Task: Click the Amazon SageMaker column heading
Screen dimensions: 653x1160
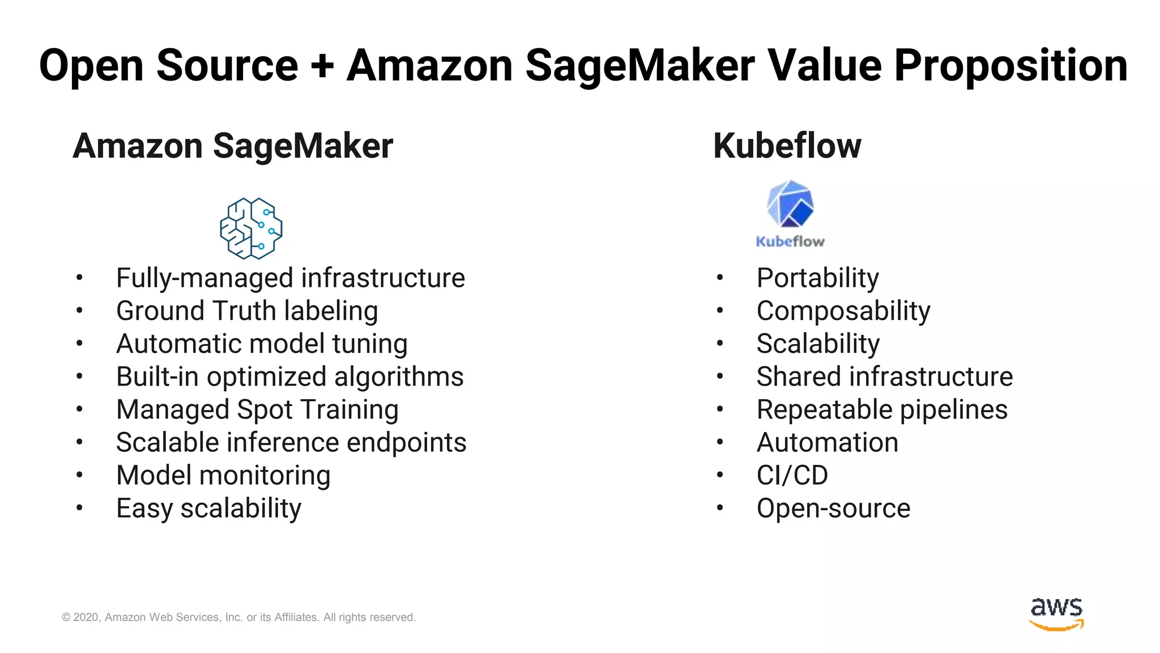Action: coord(233,146)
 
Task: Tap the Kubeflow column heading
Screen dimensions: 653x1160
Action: coord(787,146)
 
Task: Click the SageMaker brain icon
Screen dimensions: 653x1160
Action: coord(251,228)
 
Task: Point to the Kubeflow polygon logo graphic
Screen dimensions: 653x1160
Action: coord(790,203)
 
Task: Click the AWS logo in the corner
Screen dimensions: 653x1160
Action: coord(1056,613)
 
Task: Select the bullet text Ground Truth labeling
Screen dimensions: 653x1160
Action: coord(247,311)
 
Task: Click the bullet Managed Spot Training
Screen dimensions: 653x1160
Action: coord(257,410)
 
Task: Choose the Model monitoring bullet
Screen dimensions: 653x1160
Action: coord(223,476)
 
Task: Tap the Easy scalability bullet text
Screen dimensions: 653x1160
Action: coord(208,508)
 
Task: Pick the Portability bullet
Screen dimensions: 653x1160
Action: coord(817,278)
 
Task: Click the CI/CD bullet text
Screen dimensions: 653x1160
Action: coord(792,476)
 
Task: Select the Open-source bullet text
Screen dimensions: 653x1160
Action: coord(833,508)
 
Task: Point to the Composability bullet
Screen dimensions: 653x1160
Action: coord(843,311)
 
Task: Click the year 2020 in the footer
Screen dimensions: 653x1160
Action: coord(86,617)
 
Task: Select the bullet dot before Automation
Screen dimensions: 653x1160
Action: coord(720,442)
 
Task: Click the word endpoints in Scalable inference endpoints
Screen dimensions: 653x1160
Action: coord(406,443)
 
